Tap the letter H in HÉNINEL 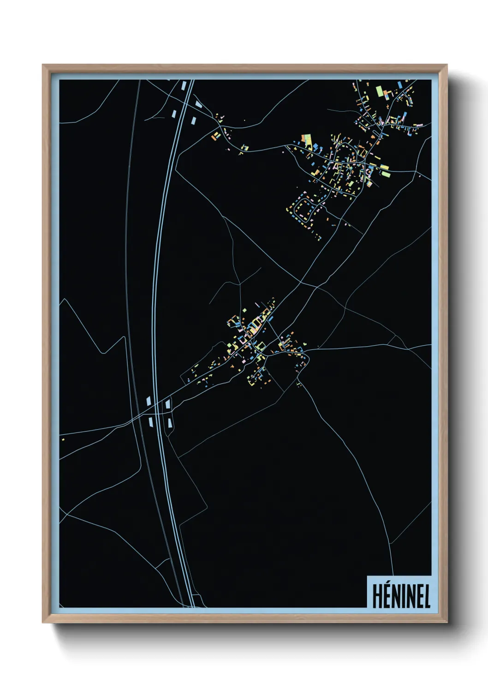point(377,596)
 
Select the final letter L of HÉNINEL point(427,596)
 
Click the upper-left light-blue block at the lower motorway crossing point(149,401)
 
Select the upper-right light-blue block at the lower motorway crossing point(167,404)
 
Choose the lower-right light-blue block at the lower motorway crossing point(169,422)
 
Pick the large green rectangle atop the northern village point(380,91)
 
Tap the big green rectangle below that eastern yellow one point(385,174)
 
